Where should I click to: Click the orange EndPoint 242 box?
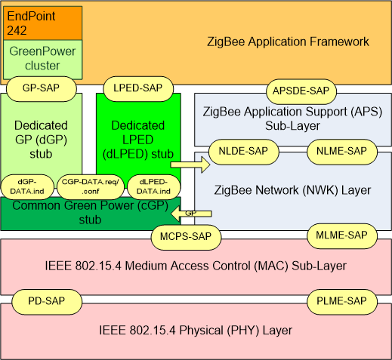pos(42,23)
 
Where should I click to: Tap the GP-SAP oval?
pos(42,88)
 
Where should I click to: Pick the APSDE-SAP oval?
pos(299,91)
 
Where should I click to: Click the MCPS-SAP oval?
pos(187,236)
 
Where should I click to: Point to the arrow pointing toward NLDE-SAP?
pos(186,162)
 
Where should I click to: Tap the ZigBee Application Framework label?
pos(288,42)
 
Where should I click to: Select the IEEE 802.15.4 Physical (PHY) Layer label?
pos(196,331)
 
